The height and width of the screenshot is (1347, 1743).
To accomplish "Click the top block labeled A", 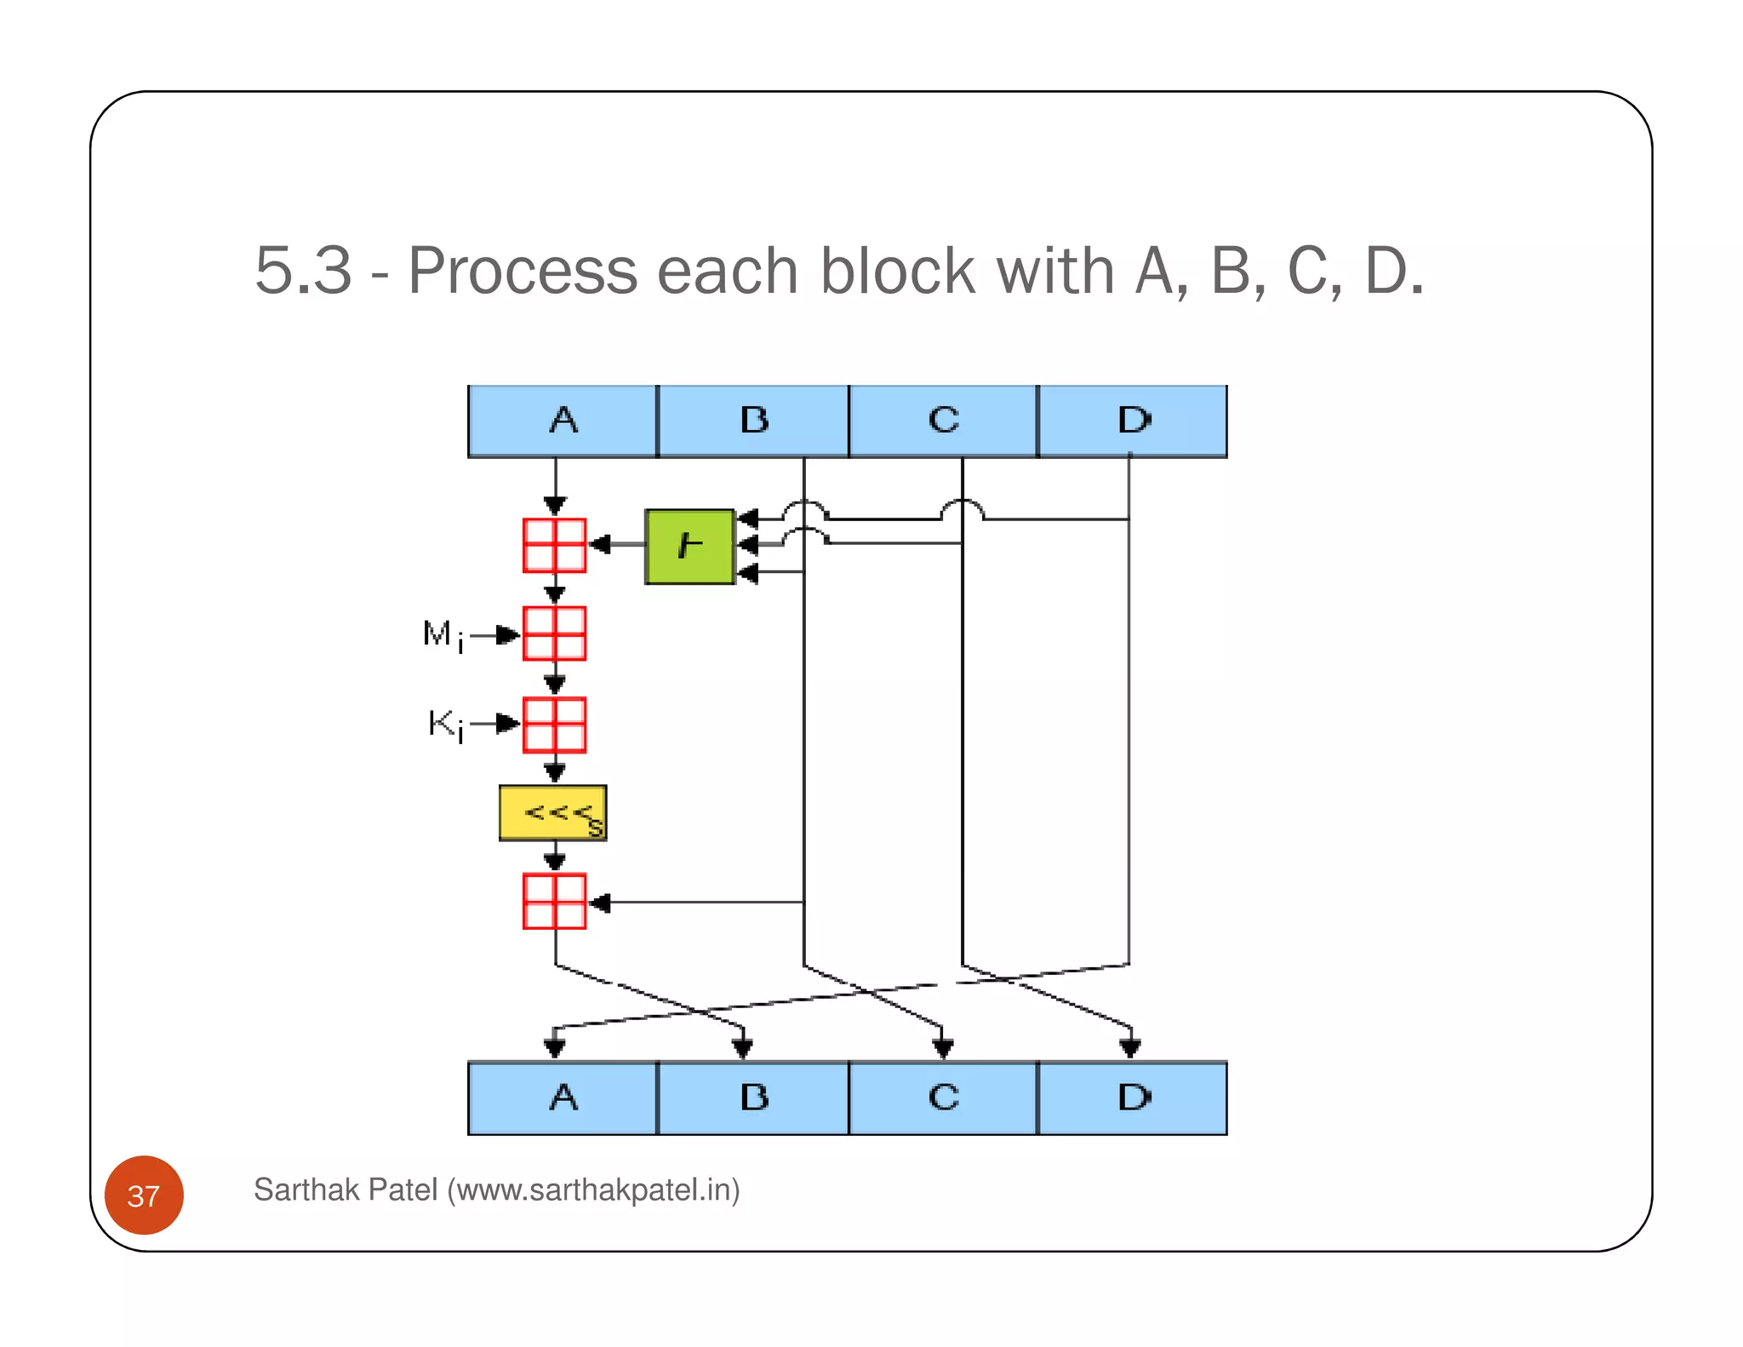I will coord(563,421).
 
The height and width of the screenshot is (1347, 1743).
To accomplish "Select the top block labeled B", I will coord(753,421).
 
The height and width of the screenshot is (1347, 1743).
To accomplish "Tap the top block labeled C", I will coord(943,421).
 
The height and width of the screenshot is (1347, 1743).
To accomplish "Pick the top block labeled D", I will coord(1133,421).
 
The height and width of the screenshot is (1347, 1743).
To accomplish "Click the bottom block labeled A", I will coord(563,1098).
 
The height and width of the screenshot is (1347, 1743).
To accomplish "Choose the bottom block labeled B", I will coord(753,1098).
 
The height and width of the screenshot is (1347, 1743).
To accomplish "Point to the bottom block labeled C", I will coord(943,1098).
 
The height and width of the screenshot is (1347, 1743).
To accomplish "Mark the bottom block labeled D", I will coord(1133,1098).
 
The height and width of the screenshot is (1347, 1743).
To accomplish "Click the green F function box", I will coord(689,547).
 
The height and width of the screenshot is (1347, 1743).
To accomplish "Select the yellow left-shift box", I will coord(553,813).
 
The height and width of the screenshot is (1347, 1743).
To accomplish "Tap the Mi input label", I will coord(443,635).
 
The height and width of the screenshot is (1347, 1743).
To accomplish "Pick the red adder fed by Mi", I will coord(554,633).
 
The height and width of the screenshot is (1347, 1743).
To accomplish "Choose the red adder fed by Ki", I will coord(554,725).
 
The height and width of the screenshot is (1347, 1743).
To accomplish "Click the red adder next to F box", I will coord(554,545).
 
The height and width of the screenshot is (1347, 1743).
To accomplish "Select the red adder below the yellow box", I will coord(554,901).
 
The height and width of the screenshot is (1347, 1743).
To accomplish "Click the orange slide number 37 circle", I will coord(144,1195).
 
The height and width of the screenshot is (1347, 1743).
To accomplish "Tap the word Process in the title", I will coord(523,271).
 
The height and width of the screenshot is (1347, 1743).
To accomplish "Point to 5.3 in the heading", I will coord(303,271).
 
